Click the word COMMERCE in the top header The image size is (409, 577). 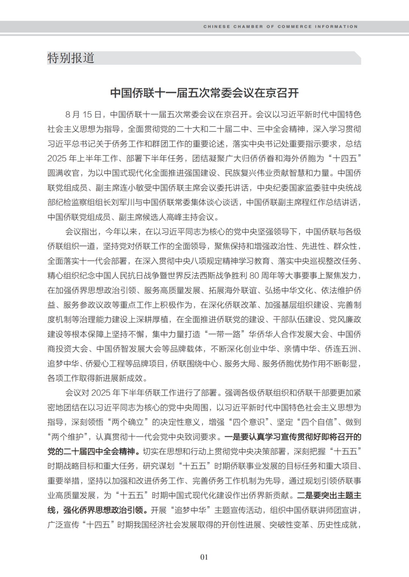(295, 26)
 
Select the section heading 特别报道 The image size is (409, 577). (71, 58)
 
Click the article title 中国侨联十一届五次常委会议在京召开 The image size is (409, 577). (204, 93)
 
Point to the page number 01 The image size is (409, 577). (204, 557)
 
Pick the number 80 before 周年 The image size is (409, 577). (254, 275)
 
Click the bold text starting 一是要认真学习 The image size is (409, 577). (293, 437)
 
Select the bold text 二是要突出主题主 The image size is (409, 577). (329, 496)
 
